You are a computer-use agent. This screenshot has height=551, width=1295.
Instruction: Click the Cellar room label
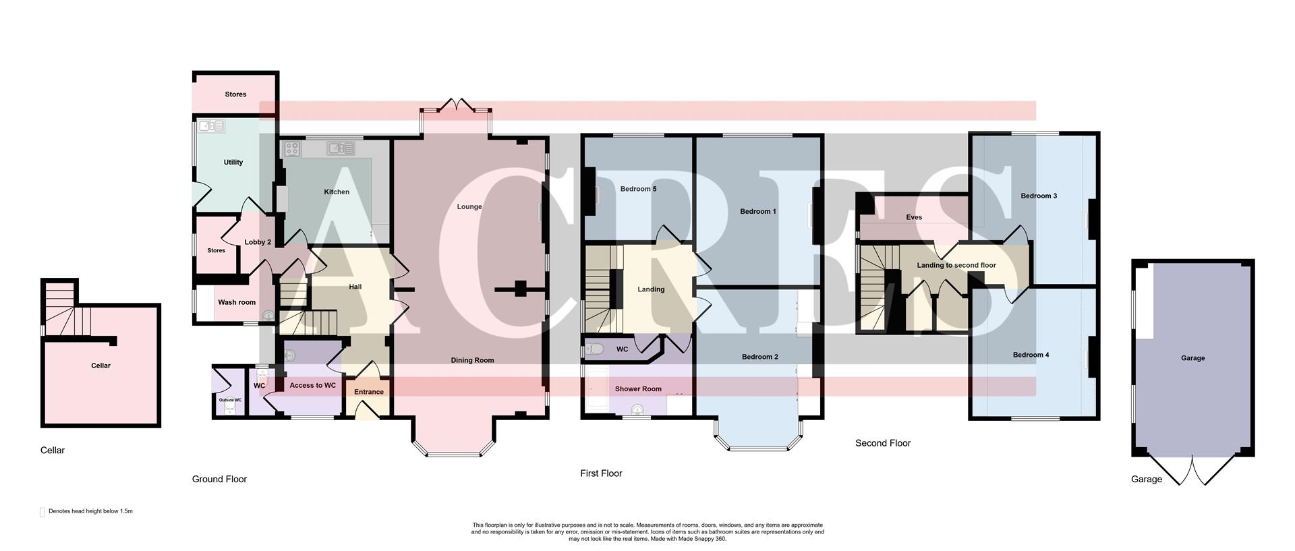click(x=100, y=366)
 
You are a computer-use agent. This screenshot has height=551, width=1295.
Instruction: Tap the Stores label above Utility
click(x=235, y=94)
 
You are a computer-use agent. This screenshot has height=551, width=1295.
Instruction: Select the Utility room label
click(x=233, y=163)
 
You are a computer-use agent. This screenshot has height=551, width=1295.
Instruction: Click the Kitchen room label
click(x=337, y=192)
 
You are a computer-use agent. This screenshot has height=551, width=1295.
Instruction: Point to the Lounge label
click(x=469, y=207)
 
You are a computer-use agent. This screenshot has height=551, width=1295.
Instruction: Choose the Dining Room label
click(x=472, y=360)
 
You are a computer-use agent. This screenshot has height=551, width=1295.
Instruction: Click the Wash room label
click(x=237, y=302)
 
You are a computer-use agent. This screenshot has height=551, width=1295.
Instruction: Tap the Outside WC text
click(x=230, y=400)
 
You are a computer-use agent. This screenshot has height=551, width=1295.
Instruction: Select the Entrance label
click(x=369, y=392)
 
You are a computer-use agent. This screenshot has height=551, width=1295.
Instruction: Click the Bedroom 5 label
click(x=638, y=189)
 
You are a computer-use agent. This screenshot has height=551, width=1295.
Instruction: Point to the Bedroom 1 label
click(x=758, y=212)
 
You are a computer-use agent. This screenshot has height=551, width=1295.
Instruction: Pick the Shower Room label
click(x=638, y=389)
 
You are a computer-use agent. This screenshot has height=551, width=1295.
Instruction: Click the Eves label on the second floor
click(x=914, y=217)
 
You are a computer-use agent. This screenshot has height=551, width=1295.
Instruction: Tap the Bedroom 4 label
click(x=1031, y=355)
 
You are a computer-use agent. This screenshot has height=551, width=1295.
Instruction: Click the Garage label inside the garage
click(x=1192, y=358)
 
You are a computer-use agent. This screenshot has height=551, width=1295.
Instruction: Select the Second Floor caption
click(x=883, y=443)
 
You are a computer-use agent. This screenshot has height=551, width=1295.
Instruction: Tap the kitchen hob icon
click(x=293, y=148)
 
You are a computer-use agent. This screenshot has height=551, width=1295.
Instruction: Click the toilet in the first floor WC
click(x=594, y=349)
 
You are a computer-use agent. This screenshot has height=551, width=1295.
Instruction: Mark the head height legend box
click(x=42, y=512)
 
